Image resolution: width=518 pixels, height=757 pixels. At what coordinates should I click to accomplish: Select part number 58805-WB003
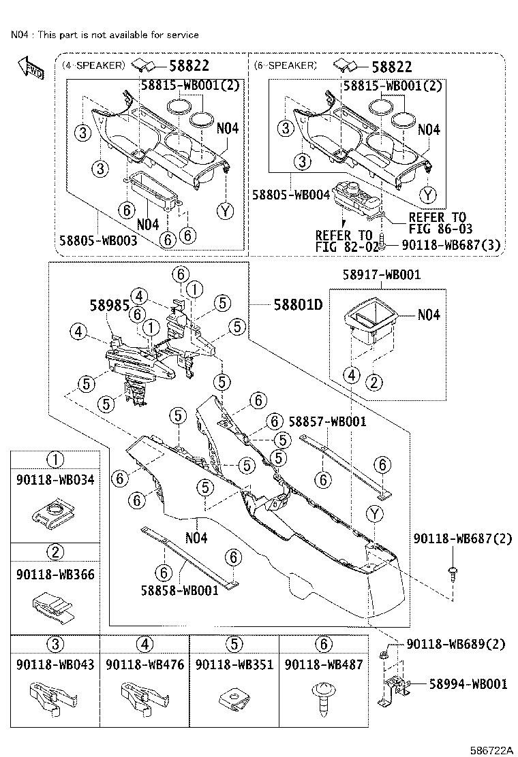[99, 241]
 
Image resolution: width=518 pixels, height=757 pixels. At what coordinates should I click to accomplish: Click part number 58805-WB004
[291, 194]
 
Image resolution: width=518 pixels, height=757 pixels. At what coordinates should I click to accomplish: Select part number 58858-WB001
[180, 590]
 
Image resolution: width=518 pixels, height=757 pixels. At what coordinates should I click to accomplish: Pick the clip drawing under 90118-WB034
[55, 515]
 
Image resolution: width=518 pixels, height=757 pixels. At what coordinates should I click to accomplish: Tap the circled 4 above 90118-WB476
[144, 644]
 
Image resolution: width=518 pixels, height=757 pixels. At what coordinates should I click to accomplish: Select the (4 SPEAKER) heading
[93, 65]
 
